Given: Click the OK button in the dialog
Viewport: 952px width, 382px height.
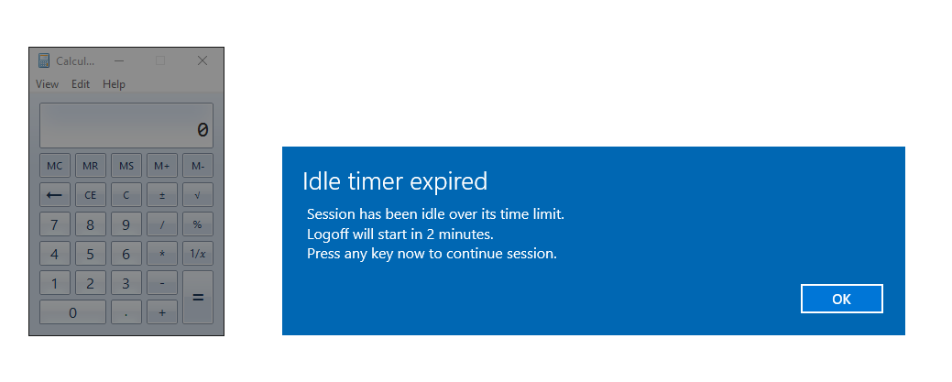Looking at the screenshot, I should (841, 299).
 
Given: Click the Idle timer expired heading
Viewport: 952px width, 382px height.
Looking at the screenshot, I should (395, 181).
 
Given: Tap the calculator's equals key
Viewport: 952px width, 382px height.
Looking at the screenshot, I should (197, 297).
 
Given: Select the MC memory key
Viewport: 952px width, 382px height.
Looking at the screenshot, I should (54, 166).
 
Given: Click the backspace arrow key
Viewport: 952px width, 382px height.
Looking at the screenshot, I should (54, 195).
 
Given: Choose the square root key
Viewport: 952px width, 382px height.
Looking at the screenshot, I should (197, 195).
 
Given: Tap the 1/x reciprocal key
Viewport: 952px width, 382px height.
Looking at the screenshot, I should (197, 254).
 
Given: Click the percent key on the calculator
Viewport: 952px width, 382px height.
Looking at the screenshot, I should (197, 224).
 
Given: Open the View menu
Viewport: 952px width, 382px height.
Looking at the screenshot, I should (47, 84).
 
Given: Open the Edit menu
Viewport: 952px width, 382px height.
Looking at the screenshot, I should (81, 84).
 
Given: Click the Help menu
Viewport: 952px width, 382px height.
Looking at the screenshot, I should (114, 84).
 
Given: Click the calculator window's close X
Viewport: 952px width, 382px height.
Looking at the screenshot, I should (202, 60).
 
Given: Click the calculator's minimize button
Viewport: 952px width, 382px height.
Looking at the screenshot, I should (119, 60).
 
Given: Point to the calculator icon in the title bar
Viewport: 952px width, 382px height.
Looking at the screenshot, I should (44, 60).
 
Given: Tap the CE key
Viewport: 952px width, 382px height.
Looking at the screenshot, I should (90, 195).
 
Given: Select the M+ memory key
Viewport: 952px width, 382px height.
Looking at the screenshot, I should (161, 166).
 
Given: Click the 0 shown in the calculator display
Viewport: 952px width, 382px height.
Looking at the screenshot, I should (202, 130).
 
